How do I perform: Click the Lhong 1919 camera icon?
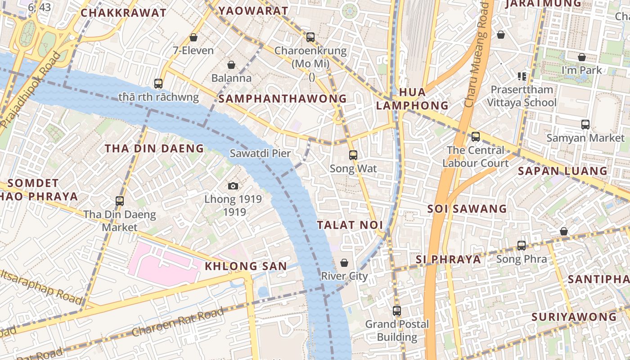(233, 186)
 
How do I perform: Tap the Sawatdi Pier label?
(260, 153)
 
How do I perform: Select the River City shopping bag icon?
(344, 263)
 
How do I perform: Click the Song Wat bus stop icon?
(353, 155)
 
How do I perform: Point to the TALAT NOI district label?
(350, 225)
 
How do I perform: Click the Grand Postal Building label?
(397, 330)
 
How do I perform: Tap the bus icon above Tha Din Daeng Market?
(120, 201)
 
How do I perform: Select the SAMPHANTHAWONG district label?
(283, 99)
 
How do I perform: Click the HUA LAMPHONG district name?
(412, 99)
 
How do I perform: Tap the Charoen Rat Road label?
(178, 322)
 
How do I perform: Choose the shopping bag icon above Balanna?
(231, 65)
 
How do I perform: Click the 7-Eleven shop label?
(193, 50)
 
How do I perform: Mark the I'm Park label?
(581, 70)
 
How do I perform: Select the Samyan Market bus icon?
(585, 125)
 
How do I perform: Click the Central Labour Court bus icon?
(476, 137)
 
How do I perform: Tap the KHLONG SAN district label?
(246, 266)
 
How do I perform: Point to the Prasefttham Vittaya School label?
(522, 96)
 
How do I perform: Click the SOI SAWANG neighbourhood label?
(467, 209)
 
